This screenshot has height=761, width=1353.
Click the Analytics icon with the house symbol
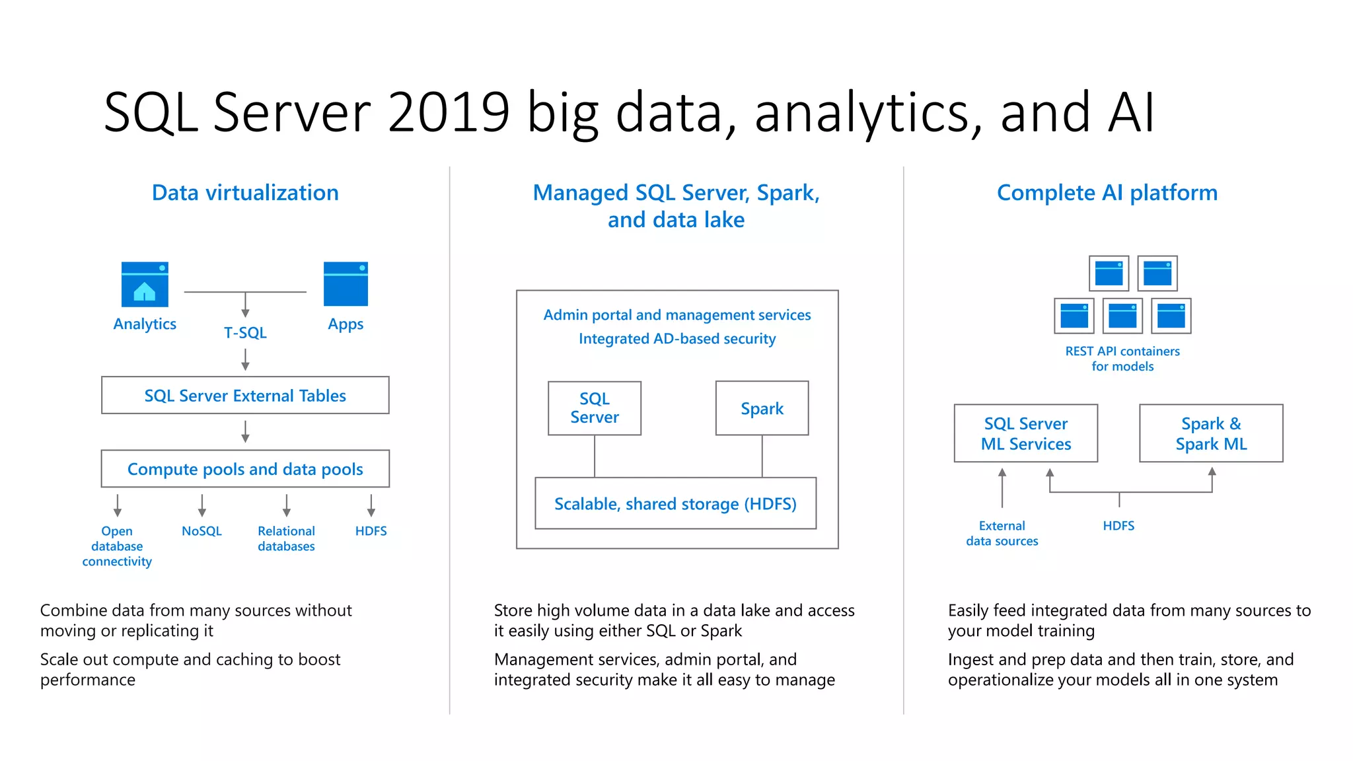pos(145,284)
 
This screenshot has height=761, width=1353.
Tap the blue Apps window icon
pos(346,284)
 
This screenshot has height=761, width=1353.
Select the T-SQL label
pos(245,332)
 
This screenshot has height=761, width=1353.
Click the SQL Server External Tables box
pos(245,395)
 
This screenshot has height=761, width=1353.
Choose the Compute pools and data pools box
pos(245,469)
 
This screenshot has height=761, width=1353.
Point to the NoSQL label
pos(201,531)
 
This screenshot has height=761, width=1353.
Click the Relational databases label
pos(286,538)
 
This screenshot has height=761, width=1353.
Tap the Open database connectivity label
pos(117,546)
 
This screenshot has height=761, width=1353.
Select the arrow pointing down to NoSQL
pos(202,505)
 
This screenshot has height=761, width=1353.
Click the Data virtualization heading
pos(245,193)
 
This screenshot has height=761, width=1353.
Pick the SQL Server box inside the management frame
pos(595,408)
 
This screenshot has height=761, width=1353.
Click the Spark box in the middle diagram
pos(762,408)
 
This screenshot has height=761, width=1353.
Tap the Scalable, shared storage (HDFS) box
pos(675,503)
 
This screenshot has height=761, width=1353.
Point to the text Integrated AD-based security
pos(677,339)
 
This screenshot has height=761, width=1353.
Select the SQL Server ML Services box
pos(1026,433)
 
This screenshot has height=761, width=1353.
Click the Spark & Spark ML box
pos(1211,433)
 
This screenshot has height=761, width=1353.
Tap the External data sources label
pos(1002,533)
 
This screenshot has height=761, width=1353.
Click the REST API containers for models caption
pos(1122,359)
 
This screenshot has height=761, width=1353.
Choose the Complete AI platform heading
pos(1107,193)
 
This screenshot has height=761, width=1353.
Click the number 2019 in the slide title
pos(449,112)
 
